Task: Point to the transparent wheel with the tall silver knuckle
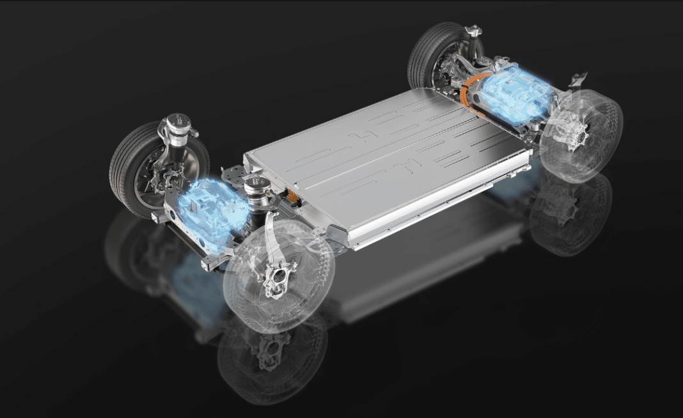point(278,275)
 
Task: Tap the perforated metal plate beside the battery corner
point(234,172)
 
